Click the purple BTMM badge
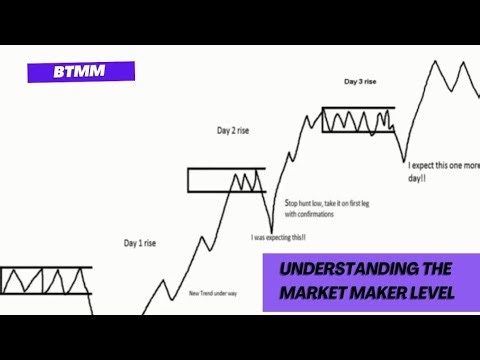[x=81, y=72]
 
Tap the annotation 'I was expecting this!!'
[x=278, y=237]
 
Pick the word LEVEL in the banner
[x=428, y=292]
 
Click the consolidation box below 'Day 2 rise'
[x=226, y=180]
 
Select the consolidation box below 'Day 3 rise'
[x=358, y=119]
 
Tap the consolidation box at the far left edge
[x=45, y=280]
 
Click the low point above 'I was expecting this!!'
[x=271, y=227]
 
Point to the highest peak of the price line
[x=437, y=62]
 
